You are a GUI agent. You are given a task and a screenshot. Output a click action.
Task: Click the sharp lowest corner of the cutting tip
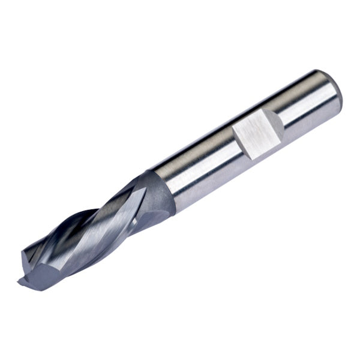(20, 281)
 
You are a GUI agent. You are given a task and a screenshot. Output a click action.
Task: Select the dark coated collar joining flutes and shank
(160, 188)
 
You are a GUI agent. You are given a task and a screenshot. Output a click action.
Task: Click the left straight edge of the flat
(235, 139)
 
